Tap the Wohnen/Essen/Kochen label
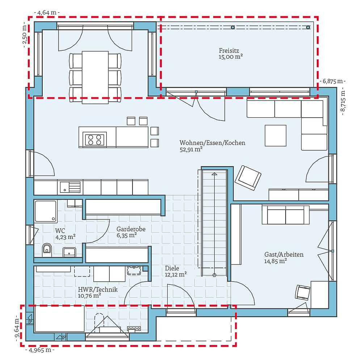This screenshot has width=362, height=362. coord(212,143)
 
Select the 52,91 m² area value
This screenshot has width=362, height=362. coord(191,149)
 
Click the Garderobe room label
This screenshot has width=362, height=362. coord(131,229)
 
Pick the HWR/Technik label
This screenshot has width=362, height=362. coord(98,290)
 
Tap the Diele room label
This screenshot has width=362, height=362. coord(172,268)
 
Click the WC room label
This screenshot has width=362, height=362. coord(60,231)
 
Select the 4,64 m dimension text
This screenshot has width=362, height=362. coord(47,13)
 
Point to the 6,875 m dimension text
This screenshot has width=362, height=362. coord(333,81)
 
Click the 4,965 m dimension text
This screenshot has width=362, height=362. coord(40,350)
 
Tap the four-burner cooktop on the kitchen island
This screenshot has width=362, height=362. coord(95,139)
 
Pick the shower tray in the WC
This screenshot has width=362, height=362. coord(46,211)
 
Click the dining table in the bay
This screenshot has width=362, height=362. coord(95,77)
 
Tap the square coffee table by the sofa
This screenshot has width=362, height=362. coord(275,135)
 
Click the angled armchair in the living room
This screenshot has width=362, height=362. coord(248,177)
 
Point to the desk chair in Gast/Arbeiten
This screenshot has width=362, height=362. coord(303,292)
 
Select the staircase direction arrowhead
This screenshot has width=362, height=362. coord(214,174)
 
